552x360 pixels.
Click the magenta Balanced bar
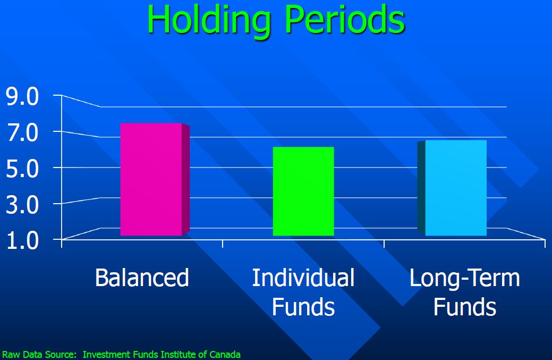155,179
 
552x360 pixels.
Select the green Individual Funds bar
303,191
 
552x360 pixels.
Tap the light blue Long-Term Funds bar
452,188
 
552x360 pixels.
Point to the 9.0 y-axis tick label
22,97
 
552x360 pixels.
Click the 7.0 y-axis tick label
22,133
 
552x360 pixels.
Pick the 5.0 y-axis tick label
22,169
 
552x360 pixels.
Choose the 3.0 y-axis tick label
22,205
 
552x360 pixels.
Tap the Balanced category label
142,278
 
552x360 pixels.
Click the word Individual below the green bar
303,278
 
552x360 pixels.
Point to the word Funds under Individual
303,307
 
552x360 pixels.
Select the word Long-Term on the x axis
465,278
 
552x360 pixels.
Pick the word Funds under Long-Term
465,307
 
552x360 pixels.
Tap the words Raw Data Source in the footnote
39,354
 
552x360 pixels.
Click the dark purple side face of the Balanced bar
186,179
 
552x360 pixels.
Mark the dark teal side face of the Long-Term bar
421,188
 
